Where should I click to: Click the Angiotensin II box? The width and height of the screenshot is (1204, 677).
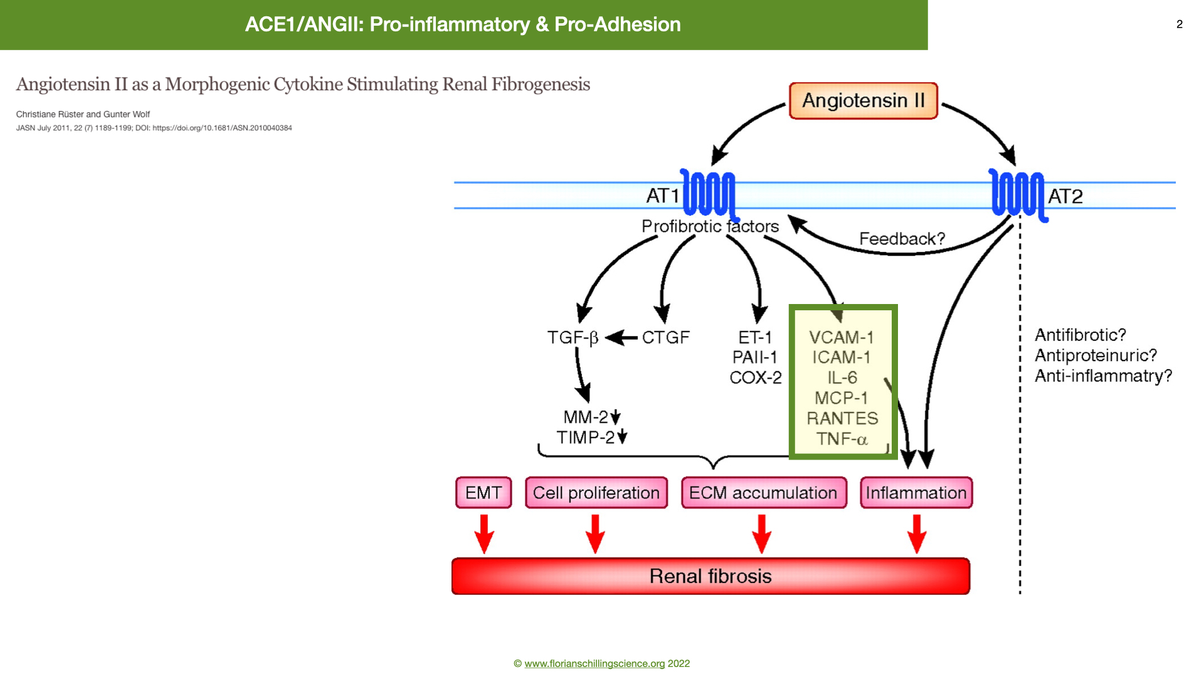863,100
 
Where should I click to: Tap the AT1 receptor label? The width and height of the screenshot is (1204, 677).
663,196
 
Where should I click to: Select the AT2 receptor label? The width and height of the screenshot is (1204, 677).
1065,196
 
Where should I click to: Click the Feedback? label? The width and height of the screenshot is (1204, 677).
902,239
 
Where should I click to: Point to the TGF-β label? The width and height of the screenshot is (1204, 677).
573,338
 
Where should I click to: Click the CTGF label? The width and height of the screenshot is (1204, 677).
666,337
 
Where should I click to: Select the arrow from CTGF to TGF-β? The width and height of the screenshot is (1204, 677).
621,338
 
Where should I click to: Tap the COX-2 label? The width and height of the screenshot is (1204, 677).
756,377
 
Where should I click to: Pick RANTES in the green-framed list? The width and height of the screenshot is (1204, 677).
842,418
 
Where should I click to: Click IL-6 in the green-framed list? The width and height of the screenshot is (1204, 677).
842,377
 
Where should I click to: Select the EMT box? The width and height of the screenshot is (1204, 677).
483,493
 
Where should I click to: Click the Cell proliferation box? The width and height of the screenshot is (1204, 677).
596,493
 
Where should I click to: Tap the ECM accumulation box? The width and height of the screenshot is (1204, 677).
764,493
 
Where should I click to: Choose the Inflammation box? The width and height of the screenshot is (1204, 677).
916,493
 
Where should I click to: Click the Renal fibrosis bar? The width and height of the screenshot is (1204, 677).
710,576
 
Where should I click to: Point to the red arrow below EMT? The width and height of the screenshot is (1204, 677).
484,534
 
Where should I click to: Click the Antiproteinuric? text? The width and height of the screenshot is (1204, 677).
1096,355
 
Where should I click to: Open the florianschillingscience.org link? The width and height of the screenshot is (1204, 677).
594,663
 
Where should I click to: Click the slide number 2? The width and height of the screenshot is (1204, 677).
1180,24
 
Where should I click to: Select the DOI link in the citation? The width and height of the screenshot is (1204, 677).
222,128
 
